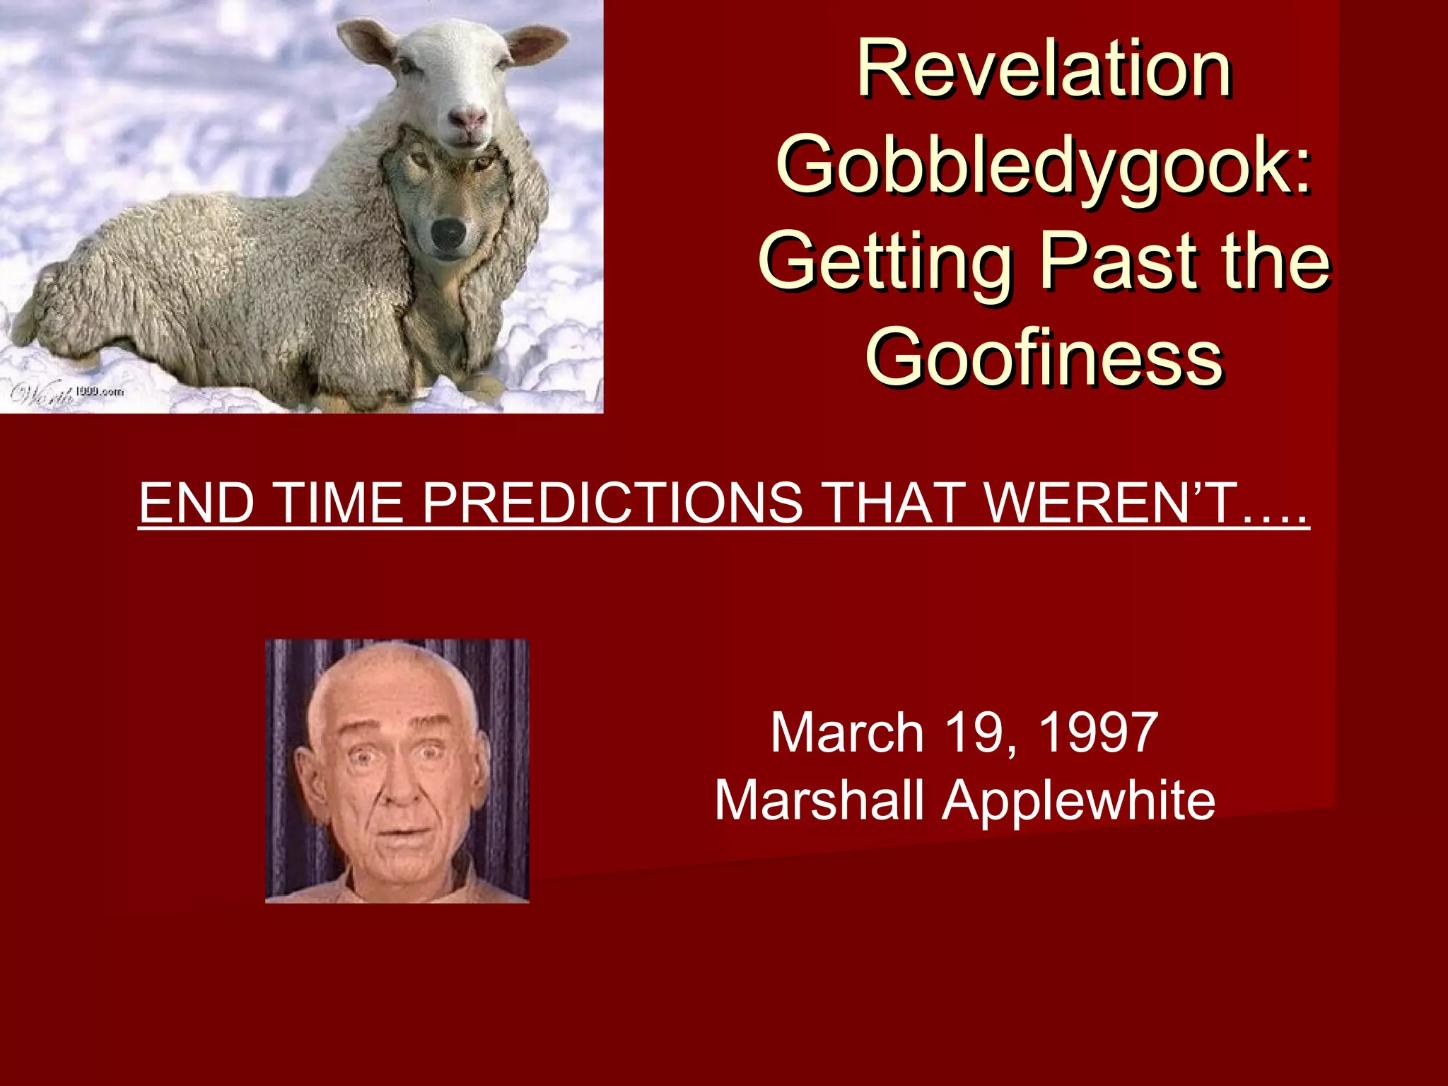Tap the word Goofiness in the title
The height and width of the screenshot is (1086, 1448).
(x=1044, y=357)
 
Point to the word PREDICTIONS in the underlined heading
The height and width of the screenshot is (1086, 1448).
(x=612, y=503)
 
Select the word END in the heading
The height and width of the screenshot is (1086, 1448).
(x=197, y=503)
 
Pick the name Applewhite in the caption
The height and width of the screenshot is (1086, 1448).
(x=1079, y=800)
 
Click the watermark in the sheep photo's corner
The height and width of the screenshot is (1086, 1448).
(x=67, y=393)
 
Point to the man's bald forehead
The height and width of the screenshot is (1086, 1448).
(x=385, y=700)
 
